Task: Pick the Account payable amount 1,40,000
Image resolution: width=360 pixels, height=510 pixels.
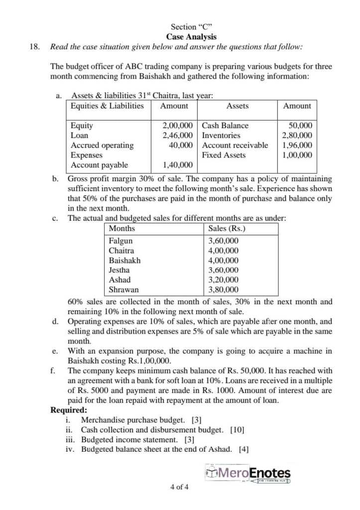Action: [178, 165]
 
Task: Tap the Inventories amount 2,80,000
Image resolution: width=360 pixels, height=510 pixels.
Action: [297, 135]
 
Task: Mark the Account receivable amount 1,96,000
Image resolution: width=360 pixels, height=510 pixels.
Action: [297, 145]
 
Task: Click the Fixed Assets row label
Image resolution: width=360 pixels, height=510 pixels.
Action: [224, 155]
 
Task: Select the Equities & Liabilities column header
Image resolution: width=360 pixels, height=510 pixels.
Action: [107, 106]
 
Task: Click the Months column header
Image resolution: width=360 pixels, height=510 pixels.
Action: [122, 229]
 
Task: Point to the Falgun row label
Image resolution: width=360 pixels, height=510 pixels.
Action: [120, 241]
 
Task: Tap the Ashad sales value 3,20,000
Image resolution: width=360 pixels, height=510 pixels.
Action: [223, 280]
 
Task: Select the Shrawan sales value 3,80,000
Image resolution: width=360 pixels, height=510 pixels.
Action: [223, 289]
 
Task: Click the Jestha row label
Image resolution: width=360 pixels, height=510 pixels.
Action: [120, 270]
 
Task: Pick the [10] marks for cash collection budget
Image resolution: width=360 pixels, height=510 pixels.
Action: [237, 430]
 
